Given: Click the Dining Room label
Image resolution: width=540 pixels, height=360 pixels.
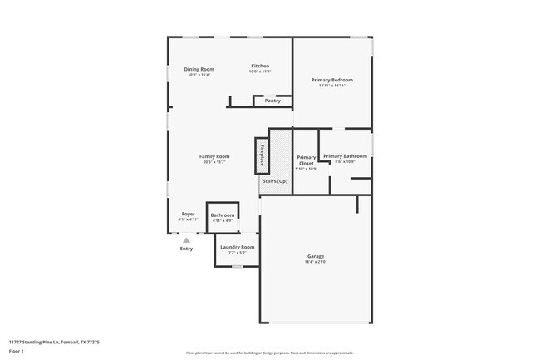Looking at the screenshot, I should coord(199,69).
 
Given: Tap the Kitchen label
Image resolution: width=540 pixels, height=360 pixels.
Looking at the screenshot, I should coord(260,66).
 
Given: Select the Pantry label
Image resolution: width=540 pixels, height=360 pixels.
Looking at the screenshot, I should coord(272,101).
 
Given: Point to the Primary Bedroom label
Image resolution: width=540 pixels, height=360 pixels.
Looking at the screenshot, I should coord(331,80).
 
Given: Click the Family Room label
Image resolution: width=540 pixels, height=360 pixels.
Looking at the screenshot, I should coord(214,156).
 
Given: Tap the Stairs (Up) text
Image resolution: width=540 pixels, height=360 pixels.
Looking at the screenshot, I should coord(275,180).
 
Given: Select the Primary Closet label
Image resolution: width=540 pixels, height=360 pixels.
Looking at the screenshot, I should coord(307,160).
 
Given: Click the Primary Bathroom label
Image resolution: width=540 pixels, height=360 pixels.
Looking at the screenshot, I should coord(345,155).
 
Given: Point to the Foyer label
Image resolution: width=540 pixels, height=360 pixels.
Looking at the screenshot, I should coord(189,214).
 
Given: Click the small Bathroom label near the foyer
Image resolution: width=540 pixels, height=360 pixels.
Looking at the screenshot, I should coord(223,215).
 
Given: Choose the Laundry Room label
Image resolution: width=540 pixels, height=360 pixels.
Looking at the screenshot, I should coord(237,247).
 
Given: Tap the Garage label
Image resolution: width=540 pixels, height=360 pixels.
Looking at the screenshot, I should coord(315,257).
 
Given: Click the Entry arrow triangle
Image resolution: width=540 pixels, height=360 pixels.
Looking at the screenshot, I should coord(186,240).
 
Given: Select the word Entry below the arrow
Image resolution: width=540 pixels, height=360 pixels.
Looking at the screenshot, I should coord(186,249).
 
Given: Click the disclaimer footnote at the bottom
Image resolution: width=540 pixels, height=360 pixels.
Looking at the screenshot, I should coord(270,353).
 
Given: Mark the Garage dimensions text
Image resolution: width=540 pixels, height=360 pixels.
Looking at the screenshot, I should coord(315,263).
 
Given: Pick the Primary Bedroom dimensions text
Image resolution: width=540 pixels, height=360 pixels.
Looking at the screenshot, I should coord(331,86).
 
